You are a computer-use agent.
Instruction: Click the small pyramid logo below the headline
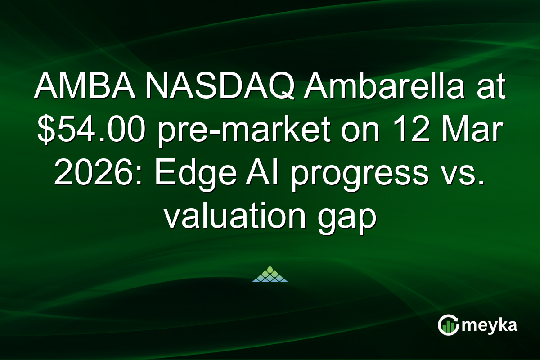[x=270, y=274]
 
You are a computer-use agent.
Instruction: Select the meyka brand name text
[x=492, y=325]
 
